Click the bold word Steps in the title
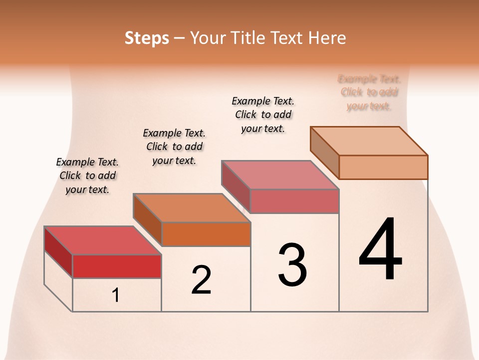coord(147,38)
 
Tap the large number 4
coord(380,249)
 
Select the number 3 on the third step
coord(292,265)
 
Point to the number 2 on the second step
coord(201,280)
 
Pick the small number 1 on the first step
coord(116,295)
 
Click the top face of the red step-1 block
coord(103,240)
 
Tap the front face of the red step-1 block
coord(117,266)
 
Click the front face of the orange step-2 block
coord(206,234)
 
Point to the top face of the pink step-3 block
coord(280,175)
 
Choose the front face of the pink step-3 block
coord(294,201)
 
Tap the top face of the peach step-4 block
coord(369,141)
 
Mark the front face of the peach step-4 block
coord(383,167)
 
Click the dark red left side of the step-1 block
coord(58,251)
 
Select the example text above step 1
coord(87,176)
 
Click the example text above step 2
coord(174,146)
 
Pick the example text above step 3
coord(263,114)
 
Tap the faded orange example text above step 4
coord(369,92)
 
